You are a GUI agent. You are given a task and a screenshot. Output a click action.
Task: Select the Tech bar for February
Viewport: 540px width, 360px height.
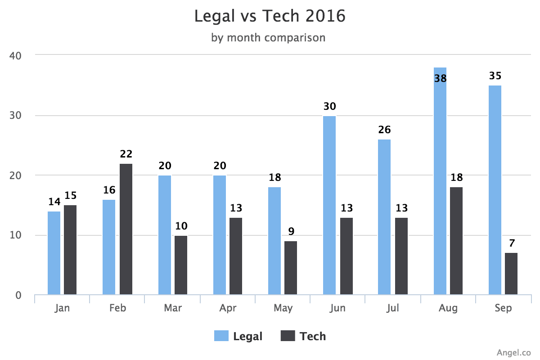(126, 229)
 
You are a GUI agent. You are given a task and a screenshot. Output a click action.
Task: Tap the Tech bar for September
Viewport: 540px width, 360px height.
(511, 274)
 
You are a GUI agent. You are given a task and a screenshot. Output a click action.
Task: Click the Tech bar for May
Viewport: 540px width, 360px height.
(291, 268)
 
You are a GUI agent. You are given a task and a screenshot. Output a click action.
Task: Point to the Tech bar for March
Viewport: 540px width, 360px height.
(181, 265)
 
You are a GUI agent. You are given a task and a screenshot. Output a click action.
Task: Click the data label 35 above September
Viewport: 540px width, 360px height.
(495, 76)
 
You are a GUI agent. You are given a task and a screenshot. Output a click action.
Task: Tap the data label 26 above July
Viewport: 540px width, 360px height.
(384, 130)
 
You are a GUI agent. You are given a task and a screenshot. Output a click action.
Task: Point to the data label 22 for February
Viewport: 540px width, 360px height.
(126, 154)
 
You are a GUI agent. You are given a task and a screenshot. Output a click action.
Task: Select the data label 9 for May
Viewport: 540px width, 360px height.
(291, 232)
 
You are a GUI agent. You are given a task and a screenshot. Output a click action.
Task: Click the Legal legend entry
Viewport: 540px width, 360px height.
(238, 336)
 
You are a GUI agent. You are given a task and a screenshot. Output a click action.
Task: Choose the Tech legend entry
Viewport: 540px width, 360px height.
(303, 336)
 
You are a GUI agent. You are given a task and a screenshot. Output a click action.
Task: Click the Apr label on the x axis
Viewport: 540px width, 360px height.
(228, 308)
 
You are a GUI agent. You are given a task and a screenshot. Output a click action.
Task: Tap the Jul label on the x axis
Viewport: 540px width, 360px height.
(392, 308)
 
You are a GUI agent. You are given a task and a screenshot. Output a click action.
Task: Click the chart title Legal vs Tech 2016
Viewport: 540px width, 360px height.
(270, 16)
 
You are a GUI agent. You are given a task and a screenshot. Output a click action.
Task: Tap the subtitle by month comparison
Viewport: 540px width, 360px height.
(268, 37)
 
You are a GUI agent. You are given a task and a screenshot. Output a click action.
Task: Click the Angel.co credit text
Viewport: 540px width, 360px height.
(514, 351)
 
